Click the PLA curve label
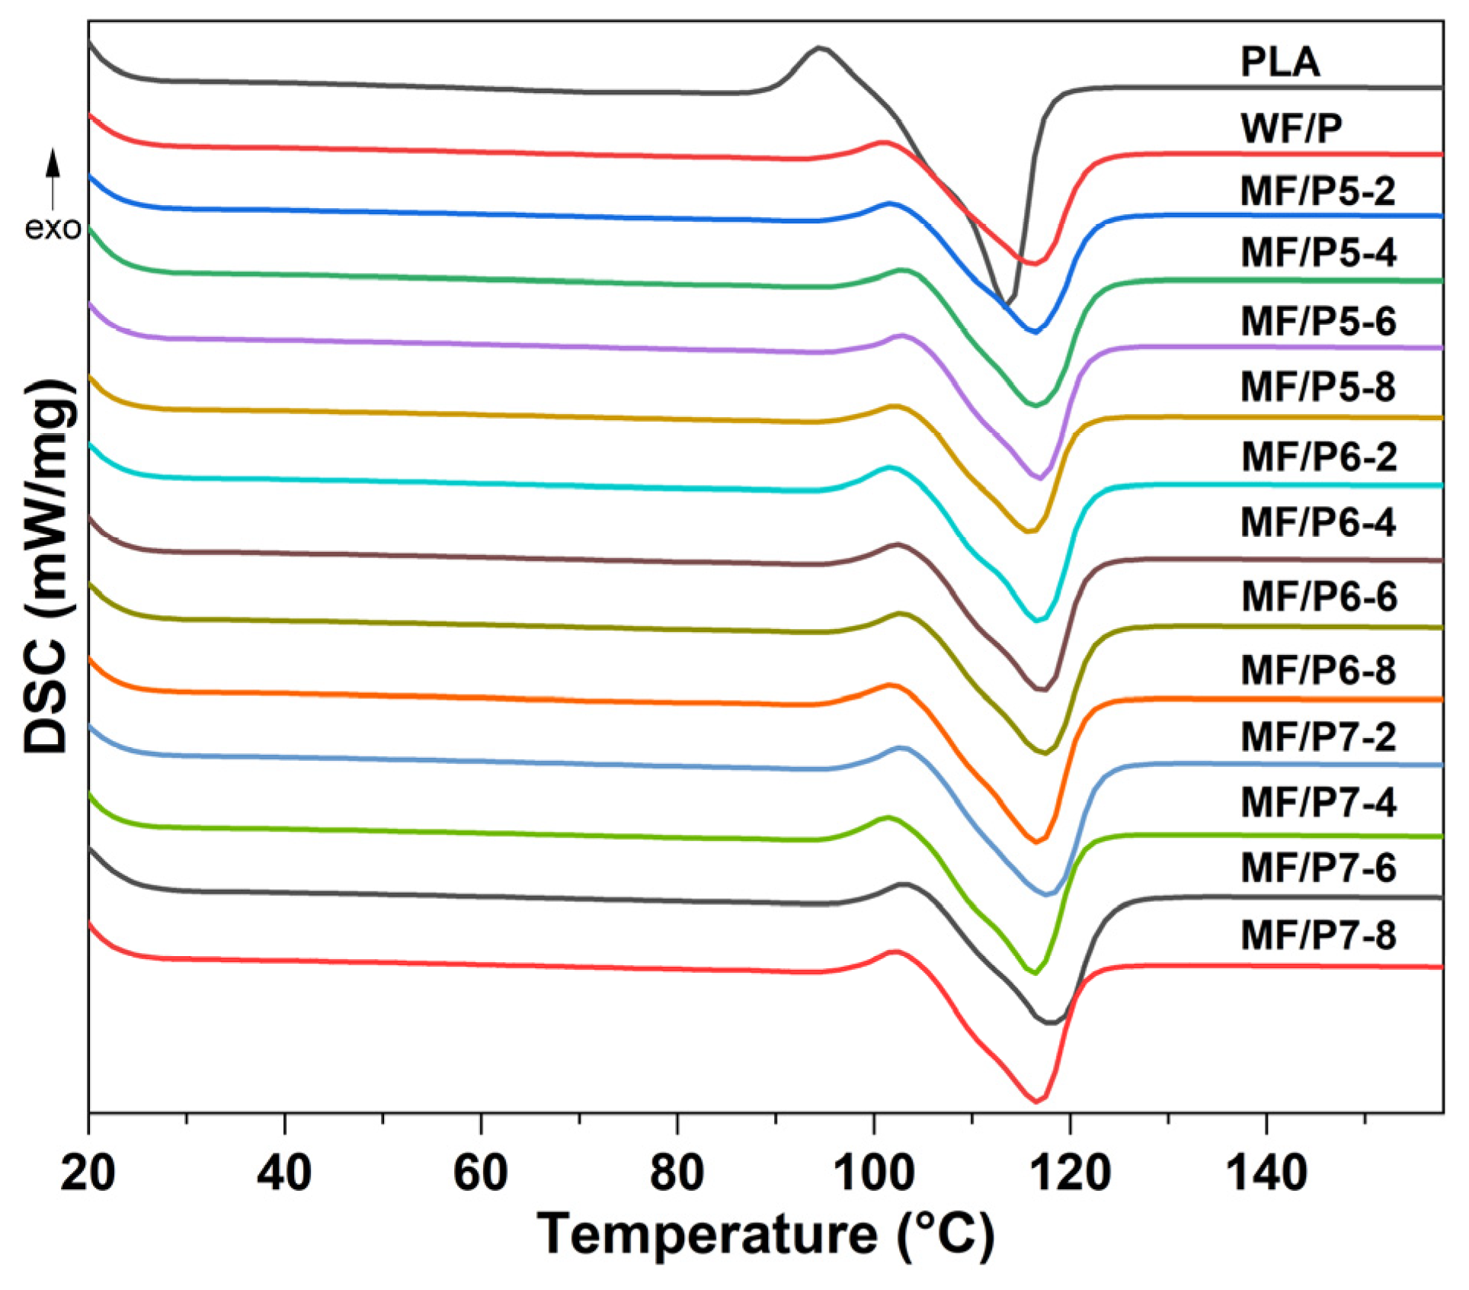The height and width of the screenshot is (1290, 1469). point(1279,62)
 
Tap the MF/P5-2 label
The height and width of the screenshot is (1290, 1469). point(1317,191)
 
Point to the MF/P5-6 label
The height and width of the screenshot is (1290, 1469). point(1317,321)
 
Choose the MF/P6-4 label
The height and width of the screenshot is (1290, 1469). point(1317,522)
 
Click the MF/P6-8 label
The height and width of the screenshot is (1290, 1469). point(1317,670)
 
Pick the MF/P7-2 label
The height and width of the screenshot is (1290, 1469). point(1317,736)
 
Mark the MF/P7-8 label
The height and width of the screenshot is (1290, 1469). point(1317,935)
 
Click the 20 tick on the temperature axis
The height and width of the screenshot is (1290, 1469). point(88,1172)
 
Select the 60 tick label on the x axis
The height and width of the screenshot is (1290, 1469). point(480,1172)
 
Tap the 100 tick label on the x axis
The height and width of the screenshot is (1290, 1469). point(873,1172)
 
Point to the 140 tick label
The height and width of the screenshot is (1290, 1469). point(1266,1172)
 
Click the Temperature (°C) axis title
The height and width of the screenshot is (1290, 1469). point(765,1234)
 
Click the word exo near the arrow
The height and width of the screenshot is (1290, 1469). point(53,228)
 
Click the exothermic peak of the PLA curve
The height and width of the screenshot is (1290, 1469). point(819,48)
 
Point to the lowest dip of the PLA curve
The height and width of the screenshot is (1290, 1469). point(1006,304)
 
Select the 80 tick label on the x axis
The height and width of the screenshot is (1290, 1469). point(677,1172)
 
